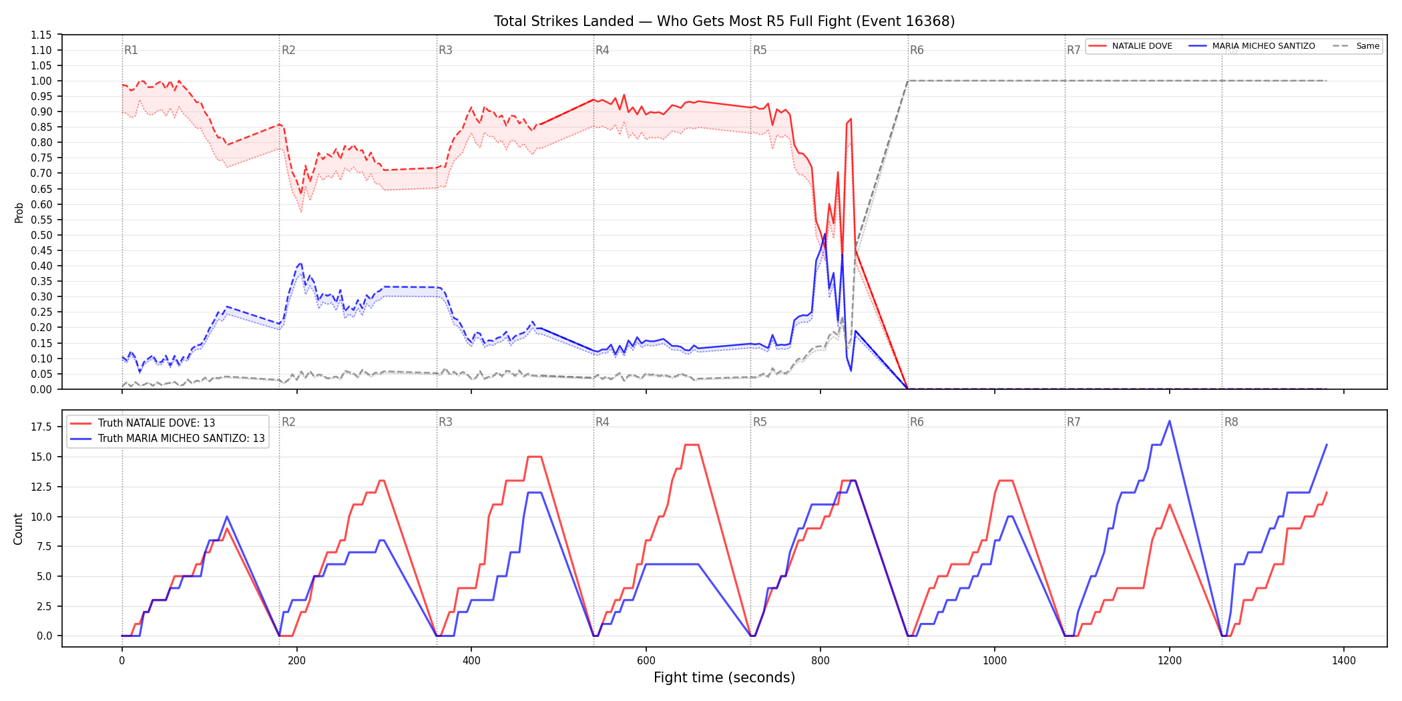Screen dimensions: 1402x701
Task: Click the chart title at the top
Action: click(x=724, y=21)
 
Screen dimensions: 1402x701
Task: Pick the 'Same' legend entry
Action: click(x=1356, y=46)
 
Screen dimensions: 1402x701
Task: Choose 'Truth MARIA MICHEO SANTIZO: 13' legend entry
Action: click(x=168, y=439)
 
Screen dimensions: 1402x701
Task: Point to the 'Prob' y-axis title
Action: click(x=19, y=212)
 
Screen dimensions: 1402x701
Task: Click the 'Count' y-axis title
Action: click(x=18, y=529)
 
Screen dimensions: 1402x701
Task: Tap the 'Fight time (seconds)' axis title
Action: click(x=724, y=678)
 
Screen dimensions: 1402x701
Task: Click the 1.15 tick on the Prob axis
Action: click(x=41, y=35)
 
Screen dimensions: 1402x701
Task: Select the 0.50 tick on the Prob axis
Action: click(x=41, y=235)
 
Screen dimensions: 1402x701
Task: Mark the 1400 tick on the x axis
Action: click(x=1344, y=661)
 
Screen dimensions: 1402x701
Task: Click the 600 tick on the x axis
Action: click(x=646, y=661)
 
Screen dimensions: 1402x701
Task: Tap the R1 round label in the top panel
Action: click(x=131, y=50)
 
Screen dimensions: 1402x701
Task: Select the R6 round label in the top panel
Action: click(x=917, y=50)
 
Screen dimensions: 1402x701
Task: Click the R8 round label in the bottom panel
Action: click(x=1231, y=422)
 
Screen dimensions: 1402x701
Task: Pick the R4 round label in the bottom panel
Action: click(x=602, y=422)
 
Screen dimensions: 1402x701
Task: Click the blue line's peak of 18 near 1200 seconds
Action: click(x=1170, y=421)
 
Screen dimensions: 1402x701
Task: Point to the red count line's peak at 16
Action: click(x=692, y=445)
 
